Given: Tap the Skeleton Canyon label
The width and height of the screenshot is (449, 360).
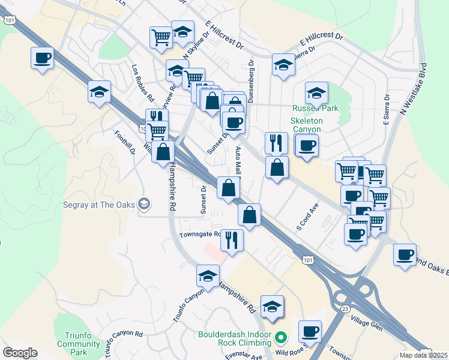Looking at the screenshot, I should (306, 125).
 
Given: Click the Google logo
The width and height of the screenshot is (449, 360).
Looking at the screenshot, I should (20, 353).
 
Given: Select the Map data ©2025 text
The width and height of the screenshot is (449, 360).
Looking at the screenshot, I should (424, 355).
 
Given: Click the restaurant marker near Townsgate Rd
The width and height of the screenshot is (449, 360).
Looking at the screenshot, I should (231, 241).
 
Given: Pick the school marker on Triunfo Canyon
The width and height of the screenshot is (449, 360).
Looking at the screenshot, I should (208, 276).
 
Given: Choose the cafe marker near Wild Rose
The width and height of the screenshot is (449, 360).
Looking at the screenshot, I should (310, 331).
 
